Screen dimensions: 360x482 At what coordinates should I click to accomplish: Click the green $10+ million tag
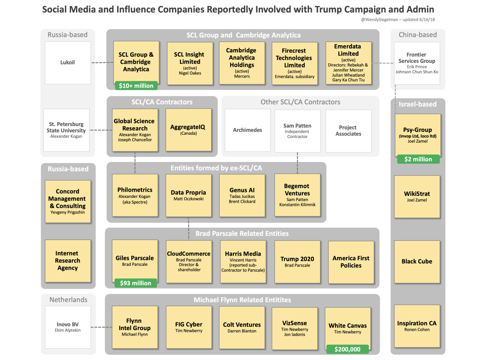point(136,86)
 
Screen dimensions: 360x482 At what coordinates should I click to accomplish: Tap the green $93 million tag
point(136,283)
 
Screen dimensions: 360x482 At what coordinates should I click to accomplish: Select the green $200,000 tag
point(347,349)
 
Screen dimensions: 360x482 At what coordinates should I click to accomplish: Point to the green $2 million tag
point(418,159)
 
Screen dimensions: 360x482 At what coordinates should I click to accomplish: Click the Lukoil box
point(68,63)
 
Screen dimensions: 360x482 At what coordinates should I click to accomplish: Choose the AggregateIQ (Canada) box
point(188,130)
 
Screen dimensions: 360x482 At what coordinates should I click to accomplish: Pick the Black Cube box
point(417,262)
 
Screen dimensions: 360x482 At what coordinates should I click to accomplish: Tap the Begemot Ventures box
point(297,195)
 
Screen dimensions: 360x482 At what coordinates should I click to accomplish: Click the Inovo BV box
point(68,327)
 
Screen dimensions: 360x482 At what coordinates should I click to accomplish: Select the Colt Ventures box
point(242,328)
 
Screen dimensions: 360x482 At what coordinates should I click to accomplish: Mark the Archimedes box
point(247,130)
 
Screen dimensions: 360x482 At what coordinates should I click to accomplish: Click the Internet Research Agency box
point(68,261)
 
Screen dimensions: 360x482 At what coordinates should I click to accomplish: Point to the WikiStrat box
point(417,197)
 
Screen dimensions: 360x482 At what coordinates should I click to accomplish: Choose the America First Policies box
point(351,262)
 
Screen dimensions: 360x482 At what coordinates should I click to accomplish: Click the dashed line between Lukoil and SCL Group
point(102,63)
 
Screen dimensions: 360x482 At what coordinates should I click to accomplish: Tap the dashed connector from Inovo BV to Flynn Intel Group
point(101,327)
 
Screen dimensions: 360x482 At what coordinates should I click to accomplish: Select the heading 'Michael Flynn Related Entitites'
point(242,300)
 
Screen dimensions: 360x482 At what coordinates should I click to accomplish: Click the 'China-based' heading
point(417,35)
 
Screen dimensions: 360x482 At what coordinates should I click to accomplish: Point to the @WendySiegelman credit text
point(398,20)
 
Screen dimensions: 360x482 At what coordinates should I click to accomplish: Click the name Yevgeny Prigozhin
point(68,212)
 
